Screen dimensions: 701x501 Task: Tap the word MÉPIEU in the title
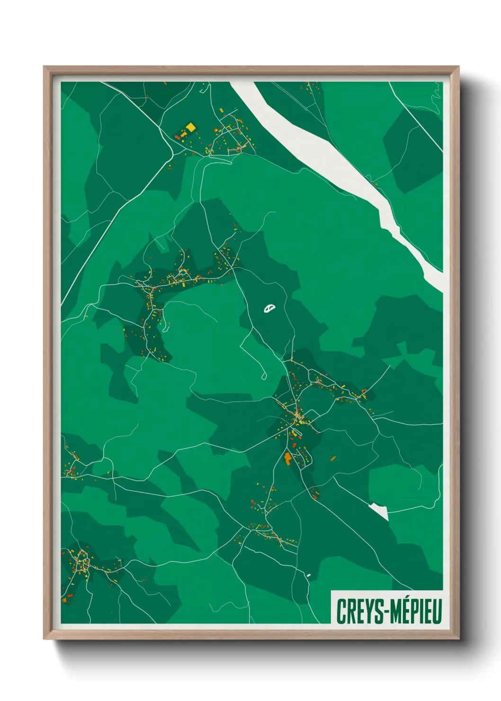[x=416, y=611]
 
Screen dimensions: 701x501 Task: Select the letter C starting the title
[x=340, y=611]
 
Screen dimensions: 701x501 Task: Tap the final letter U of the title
[x=438, y=611]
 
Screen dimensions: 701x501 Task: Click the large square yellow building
[x=190, y=127]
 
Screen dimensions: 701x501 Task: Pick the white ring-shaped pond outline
[x=269, y=309]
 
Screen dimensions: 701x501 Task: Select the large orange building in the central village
[x=287, y=458]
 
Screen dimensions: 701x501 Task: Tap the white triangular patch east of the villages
[x=380, y=511]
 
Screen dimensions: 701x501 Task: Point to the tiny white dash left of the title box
[x=309, y=575]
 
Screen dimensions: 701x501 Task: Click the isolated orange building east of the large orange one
[x=332, y=458]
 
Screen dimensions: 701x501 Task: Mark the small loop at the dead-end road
[x=264, y=377]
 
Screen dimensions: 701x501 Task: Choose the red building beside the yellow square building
[x=178, y=137]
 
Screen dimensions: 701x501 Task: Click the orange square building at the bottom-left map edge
[x=64, y=601]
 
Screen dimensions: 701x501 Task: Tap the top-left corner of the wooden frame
[x=44, y=67]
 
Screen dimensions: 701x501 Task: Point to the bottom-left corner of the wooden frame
[x=44, y=639]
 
